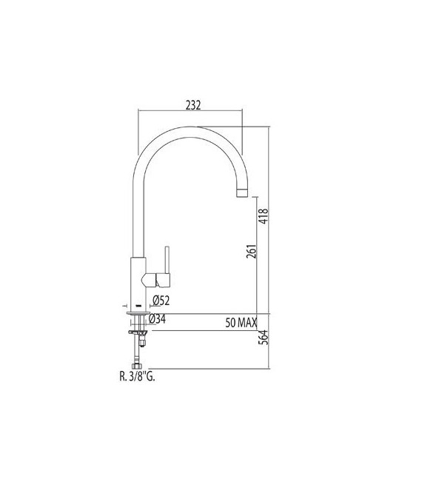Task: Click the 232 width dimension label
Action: (192, 105)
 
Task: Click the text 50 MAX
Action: (241, 323)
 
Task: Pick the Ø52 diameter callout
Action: (162, 301)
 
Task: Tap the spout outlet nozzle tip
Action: (241, 193)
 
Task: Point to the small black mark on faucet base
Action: (138, 304)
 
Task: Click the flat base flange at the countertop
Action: (138, 313)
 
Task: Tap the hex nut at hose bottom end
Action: (137, 366)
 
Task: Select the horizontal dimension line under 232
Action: (191, 113)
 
